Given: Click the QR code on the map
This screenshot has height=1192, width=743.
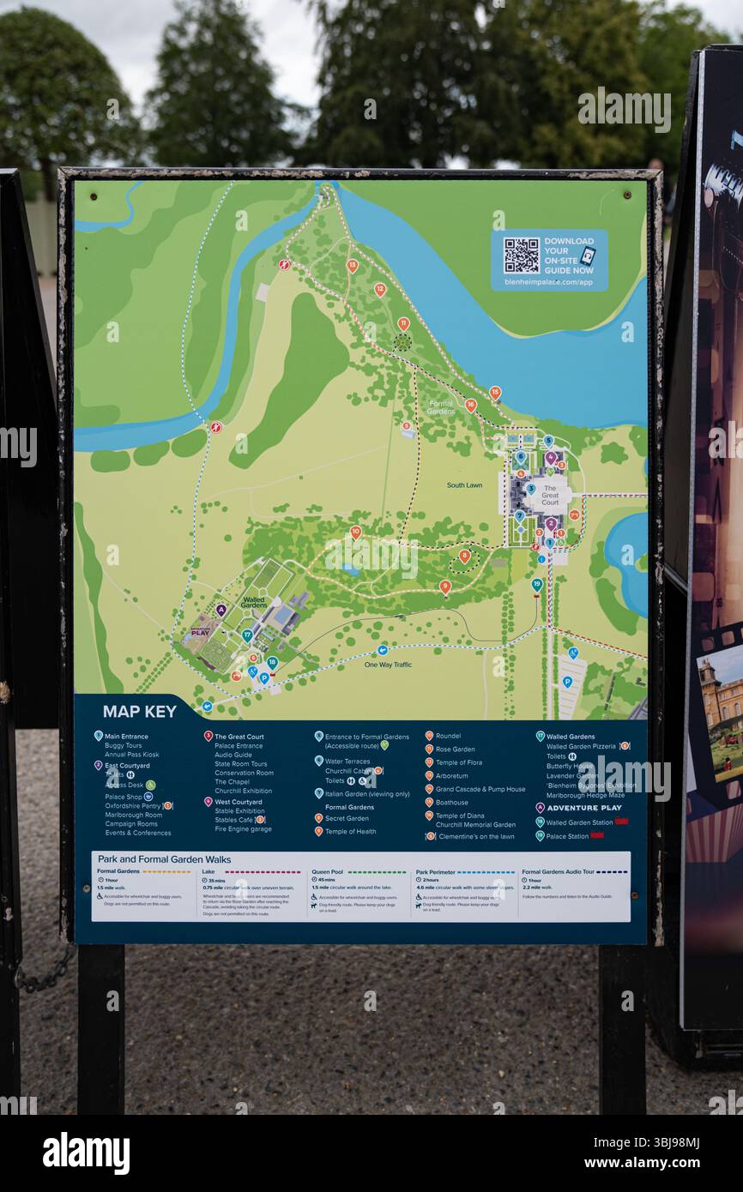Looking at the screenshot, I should (x=521, y=255).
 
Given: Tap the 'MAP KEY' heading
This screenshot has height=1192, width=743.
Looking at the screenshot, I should (x=139, y=711).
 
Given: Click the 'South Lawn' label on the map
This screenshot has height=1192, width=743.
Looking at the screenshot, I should (x=464, y=485).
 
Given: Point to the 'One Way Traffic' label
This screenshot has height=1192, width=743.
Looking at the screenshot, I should (x=388, y=665).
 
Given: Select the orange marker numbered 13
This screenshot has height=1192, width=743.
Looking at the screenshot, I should (x=352, y=265).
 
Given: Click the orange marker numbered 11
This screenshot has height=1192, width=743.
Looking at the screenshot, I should (x=403, y=323).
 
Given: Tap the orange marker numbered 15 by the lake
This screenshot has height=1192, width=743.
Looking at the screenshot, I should (x=495, y=392).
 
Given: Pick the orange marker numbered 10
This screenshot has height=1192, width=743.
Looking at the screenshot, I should (x=355, y=532).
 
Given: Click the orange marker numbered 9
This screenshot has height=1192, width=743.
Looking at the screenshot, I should (x=444, y=586).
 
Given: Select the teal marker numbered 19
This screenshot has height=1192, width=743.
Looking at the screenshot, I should (x=537, y=584).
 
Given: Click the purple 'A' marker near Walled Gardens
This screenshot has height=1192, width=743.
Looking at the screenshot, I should (x=220, y=610).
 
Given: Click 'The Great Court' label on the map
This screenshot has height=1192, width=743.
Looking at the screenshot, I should (x=550, y=495).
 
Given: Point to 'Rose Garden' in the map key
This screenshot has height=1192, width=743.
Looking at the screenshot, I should (x=455, y=750).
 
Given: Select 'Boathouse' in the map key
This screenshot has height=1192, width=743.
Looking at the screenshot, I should (x=451, y=803).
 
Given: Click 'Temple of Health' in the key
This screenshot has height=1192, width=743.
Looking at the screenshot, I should (x=350, y=832).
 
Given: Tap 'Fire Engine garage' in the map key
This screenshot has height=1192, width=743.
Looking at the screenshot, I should (x=243, y=829).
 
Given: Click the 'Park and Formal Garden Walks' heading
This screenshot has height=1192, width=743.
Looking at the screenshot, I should (x=164, y=859).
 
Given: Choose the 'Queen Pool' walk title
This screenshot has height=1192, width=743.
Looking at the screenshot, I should (x=327, y=871).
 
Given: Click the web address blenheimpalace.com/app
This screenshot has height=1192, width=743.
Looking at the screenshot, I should (x=548, y=282).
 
